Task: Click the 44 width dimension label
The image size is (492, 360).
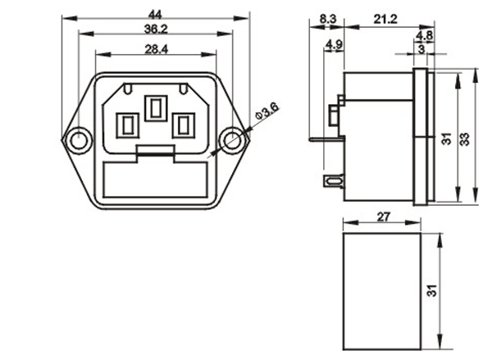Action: pos(155,14)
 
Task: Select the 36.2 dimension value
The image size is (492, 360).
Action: pos(156,29)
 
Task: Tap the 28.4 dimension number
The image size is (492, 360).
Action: pos(157,49)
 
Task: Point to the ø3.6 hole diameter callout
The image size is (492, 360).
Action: pos(266,111)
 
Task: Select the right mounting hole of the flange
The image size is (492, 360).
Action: pos(233,139)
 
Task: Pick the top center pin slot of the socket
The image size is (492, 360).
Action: pos(156,108)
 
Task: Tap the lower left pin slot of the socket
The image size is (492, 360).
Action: pos(127,125)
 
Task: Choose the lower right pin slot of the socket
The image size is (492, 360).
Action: pos(184,125)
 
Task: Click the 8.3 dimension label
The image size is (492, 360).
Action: pos(327,19)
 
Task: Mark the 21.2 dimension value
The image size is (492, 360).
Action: pos(385,19)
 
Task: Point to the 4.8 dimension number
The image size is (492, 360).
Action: pos(425,35)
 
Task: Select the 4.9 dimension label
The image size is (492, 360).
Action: pos(335,44)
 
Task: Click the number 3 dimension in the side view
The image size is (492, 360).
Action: pos(421,49)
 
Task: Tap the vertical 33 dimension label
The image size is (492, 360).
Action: pos(465,139)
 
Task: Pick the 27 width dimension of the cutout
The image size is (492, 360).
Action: pos(384,216)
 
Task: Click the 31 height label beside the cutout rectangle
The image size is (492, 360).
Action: pos(432,290)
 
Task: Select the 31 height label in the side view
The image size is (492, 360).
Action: pos(447,139)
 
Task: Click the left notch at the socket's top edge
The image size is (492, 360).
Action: pos(128,89)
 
